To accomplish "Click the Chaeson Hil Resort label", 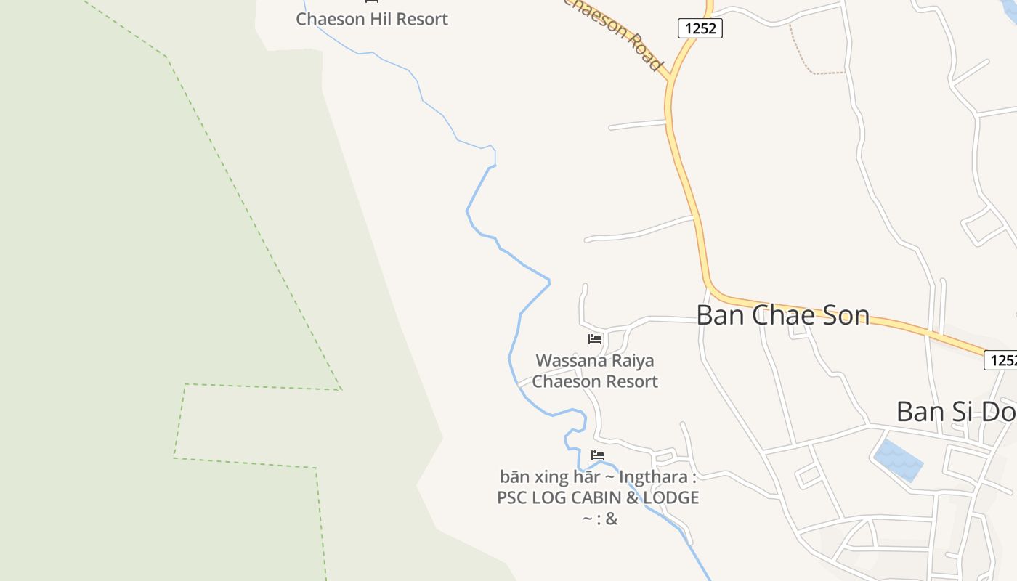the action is (x=372, y=19).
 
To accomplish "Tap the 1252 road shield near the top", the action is (x=700, y=28).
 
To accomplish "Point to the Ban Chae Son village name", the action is (x=782, y=315).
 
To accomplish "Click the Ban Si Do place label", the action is (x=955, y=412).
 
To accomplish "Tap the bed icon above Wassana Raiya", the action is (x=595, y=339).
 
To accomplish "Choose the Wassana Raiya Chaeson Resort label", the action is (x=595, y=371).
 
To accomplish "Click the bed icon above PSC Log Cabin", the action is (x=598, y=455).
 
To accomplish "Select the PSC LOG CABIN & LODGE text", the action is (x=598, y=498).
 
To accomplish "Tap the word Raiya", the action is (x=631, y=361).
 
